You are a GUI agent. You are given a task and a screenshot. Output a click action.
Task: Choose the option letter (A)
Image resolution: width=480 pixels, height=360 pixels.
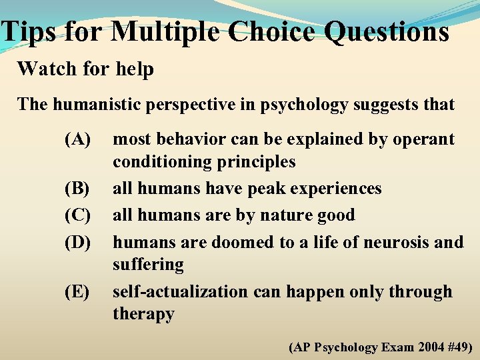point(77,139)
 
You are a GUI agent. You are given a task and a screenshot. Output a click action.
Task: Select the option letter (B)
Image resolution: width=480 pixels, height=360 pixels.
point(77,189)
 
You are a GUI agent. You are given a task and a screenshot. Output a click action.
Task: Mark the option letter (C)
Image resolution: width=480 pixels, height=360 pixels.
point(77,215)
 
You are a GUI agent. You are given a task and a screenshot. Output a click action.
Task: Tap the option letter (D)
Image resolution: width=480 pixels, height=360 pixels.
point(77,242)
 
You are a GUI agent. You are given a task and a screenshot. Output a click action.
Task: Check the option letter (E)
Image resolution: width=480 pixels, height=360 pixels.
point(77,292)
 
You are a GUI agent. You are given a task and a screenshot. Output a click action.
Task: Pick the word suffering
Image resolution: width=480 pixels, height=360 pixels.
point(148,265)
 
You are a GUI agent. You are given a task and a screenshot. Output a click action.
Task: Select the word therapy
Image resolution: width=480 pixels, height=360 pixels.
point(143,314)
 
